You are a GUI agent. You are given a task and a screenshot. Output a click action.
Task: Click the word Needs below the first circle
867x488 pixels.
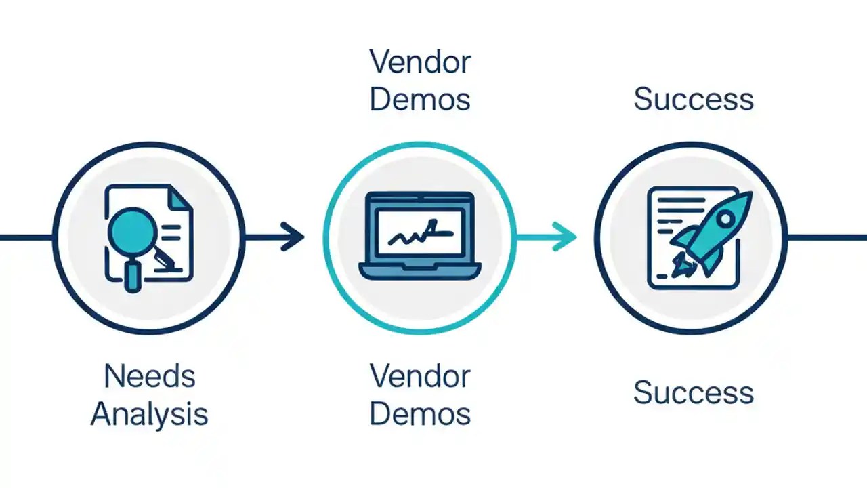tap(149, 376)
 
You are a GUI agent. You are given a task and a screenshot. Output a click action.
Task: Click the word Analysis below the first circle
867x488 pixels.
tap(149, 413)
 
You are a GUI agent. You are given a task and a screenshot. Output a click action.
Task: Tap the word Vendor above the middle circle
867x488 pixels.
tap(420, 63)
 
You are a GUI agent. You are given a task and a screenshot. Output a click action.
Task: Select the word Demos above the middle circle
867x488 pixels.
tap(420, 100)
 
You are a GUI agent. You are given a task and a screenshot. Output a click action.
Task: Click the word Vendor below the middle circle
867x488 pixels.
tap(420, 376)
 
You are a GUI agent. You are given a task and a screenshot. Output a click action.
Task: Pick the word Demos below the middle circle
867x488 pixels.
tap(420, 413)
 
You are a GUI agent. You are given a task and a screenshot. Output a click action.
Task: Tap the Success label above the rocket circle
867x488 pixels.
tap(693, 100)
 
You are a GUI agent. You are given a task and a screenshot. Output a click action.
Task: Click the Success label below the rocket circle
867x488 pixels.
tap(693, 393)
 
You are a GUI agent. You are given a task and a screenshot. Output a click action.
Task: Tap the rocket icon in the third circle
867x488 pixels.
tap(711, 230)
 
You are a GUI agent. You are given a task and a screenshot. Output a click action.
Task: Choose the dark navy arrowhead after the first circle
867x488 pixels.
tap(295, 237)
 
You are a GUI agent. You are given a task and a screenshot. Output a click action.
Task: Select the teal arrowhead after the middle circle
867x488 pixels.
tap(567, 237)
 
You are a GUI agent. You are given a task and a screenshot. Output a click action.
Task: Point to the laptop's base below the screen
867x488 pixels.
tap(420, 272)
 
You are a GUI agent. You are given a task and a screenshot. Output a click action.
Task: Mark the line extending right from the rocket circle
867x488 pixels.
tap(826, 237)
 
